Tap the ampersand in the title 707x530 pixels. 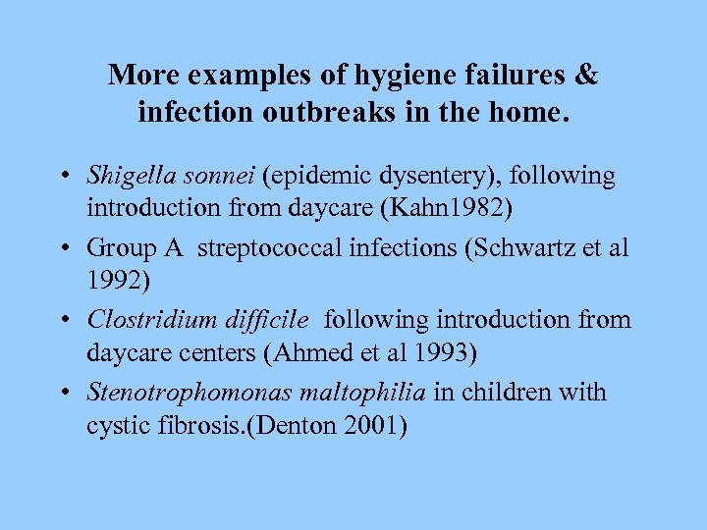click(x=586, y=75)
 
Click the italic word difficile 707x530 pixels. click(x=265, y=320)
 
